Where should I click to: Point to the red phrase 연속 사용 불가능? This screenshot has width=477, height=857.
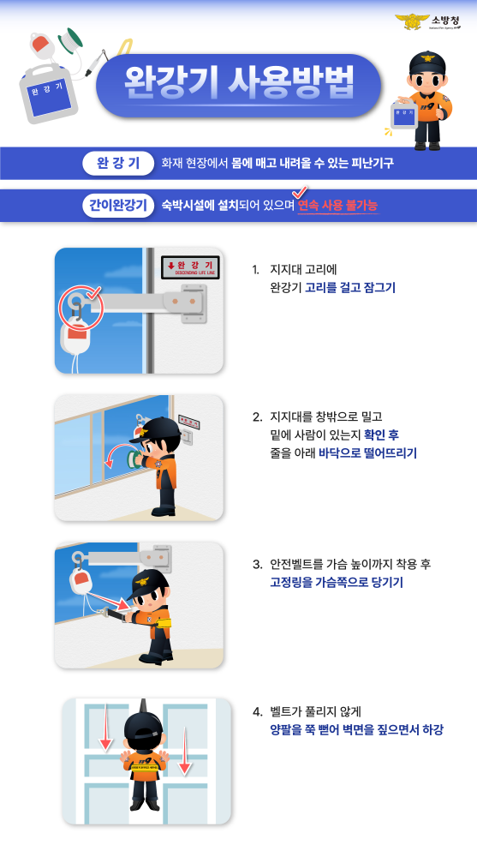click(x=337, y=206)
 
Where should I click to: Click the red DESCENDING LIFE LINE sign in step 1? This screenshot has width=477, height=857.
click(x=190, y=267)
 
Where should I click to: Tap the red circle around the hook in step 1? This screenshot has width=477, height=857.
click(x=80, y=307)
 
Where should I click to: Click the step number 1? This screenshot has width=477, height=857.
click(x=255, y=270)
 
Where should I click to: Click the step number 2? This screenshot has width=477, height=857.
click(x=256, y=417)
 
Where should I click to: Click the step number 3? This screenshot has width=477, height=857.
click(x=256, y=564)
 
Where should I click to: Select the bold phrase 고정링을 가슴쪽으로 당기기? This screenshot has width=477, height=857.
click(x=336, y=582)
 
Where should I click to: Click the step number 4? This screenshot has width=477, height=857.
click(x=256, y=711)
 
